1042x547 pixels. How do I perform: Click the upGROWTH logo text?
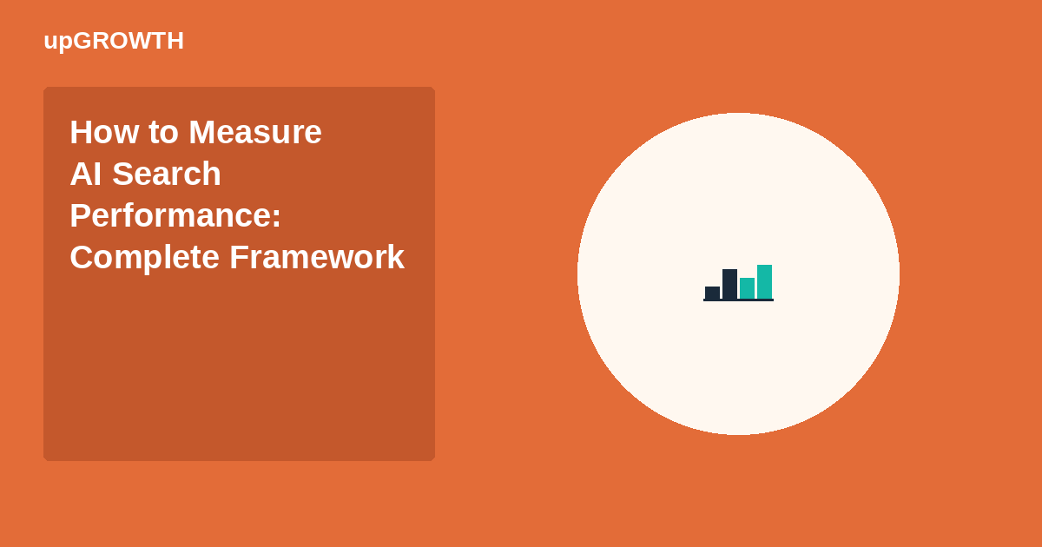114,42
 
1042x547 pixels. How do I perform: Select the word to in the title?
164,133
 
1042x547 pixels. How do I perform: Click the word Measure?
255,132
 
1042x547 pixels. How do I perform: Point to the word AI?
86,174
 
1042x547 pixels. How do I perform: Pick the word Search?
167,174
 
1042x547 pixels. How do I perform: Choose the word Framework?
317,257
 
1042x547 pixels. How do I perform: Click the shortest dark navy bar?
712,293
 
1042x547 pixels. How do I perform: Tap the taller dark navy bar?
729,284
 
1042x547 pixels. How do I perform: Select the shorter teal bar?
747,288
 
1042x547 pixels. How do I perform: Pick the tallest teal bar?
764,282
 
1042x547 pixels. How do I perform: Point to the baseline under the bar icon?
738,300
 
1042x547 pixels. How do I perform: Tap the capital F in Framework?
239,257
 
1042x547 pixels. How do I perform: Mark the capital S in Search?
122,174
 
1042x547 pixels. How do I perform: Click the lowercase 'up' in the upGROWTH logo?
58,43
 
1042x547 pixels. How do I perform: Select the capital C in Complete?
82,257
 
